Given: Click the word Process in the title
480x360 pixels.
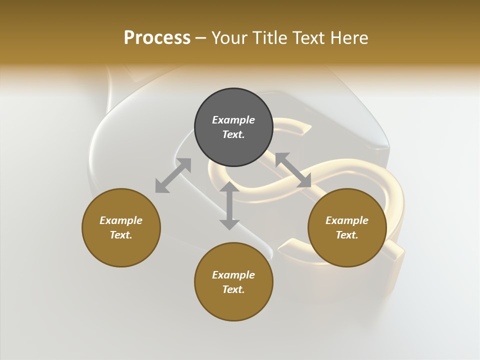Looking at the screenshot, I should [157, 38].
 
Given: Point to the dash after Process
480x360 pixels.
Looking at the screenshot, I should [201, 39].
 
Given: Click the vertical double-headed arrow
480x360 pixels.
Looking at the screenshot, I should [229, 206].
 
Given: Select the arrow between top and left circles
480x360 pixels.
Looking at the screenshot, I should [173, 175].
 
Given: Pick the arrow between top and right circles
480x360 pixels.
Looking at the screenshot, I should [293, 170].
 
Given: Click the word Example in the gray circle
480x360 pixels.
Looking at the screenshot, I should [233, 120].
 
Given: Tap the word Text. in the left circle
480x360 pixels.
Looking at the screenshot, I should [121, 235].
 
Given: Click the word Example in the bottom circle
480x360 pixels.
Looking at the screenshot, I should [233, 275].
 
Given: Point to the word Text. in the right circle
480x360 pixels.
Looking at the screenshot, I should [347, 235].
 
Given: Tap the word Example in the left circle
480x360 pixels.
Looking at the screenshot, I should [121, 220].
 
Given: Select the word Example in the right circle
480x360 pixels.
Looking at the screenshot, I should [347, 220].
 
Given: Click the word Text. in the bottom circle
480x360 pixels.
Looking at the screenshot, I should [233, 289].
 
